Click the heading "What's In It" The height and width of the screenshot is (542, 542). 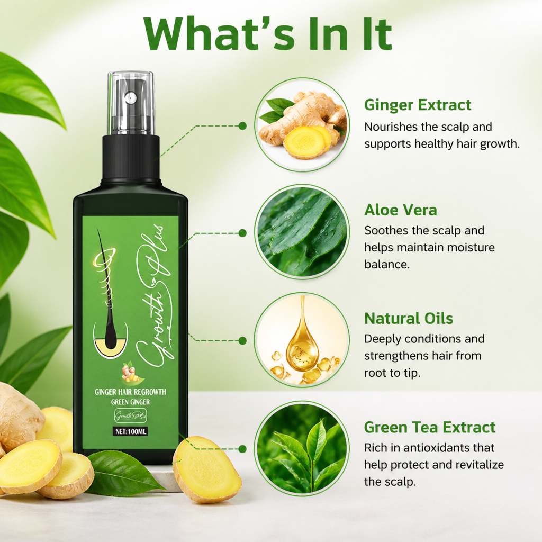[268, 34]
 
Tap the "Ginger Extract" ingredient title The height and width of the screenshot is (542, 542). [418, 105]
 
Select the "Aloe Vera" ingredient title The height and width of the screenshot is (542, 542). [401, 210]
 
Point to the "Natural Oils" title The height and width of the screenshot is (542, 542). [409, 318]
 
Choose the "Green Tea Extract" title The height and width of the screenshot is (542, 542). [430, 427]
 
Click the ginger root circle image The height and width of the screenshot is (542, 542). [302, 125]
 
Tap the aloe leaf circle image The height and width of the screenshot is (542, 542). [302, 232]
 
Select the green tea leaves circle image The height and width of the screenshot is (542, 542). [302, 449]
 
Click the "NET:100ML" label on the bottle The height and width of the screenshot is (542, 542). [131, 431]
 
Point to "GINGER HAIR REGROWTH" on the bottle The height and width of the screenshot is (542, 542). [130, 392]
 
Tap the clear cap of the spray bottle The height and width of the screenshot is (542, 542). [131, 103]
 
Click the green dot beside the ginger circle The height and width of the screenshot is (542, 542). [242, 126]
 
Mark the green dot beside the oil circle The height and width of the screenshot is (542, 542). [242, 341]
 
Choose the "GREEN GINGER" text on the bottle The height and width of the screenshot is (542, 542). [130, 402]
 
